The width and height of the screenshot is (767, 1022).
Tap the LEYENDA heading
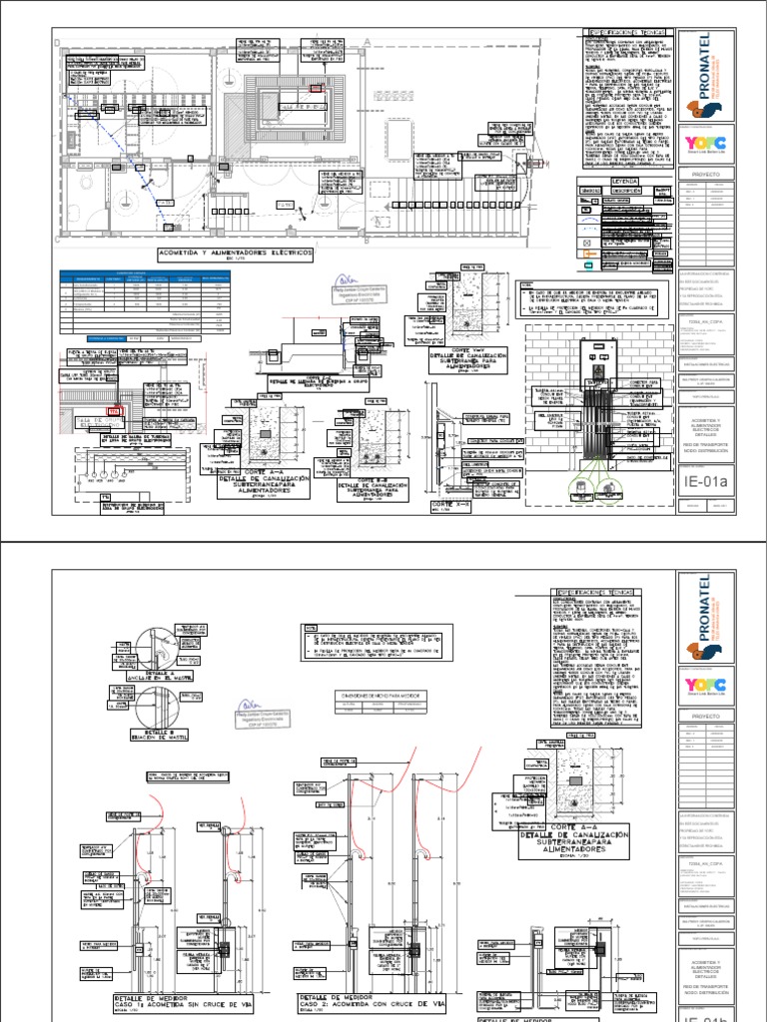point(610,181)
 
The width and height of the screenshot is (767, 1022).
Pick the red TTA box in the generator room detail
point(113,410)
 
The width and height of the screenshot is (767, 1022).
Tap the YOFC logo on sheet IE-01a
point(705,141)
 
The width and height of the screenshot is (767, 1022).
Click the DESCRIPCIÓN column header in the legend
point(620,190)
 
